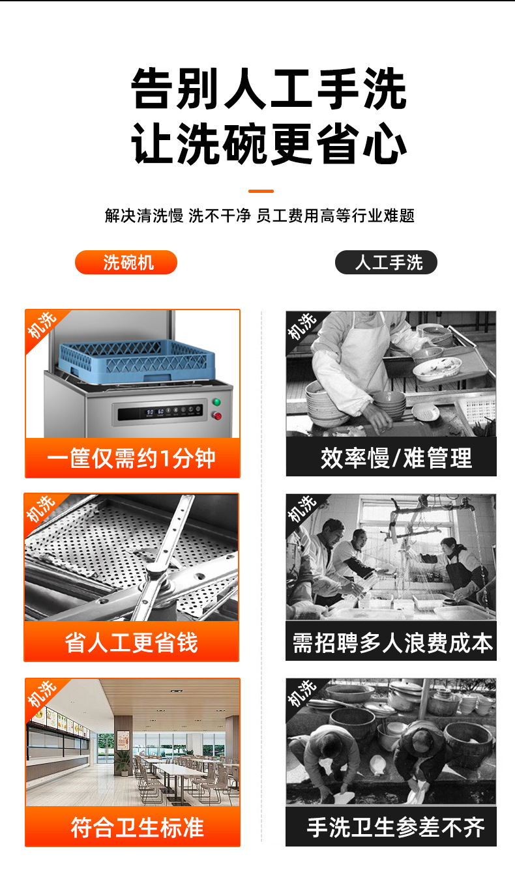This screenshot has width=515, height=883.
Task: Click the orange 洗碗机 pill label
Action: pyautogui.click(x=126, y=262)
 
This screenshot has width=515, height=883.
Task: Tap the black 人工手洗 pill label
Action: pyautogui.click(x=386, y=262)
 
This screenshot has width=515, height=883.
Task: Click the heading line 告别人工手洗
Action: pyautogui.click(x=269, y=89)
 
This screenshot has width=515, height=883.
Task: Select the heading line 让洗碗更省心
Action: pyautogui.click(x=269, y=144)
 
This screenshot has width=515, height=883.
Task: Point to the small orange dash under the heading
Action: pyautogui.click(x=261, y=191)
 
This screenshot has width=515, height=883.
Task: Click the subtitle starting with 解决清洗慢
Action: pyautogui.click(x=259, y=216)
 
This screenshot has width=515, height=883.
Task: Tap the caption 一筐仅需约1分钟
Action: pyautogui.click(x=132, y=458)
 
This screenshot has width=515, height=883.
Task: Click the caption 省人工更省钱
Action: pyautogui.click(x=132, y=642)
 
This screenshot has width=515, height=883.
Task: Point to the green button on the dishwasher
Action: pyautogui.click(x=217, y=402)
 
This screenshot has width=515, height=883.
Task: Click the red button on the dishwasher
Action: pyautogui.click(x=217, y=416)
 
